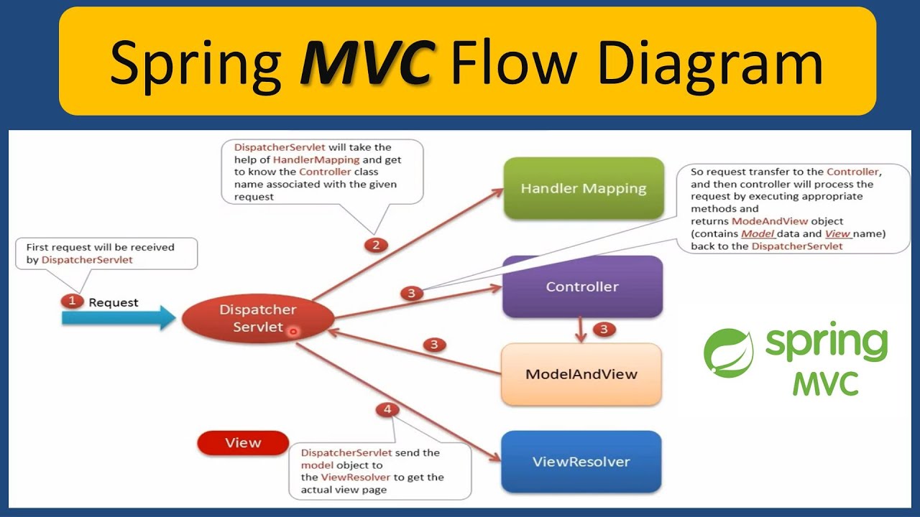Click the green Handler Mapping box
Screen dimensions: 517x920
pyautogui.click(x=583, y=189)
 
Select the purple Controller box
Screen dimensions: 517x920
pyautogui.click(x=582, y=287)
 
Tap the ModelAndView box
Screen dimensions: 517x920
pyautogui.click(x=581, y=374)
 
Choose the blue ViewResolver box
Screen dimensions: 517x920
pyautogui.click(x=581, y=462)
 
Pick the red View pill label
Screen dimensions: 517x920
pyautogui.click(x=243, y=443)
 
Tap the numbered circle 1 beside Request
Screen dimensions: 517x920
pyautogui.click(x=71, y=302)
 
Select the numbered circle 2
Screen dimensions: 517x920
pyautogui.click(x=374, y=246)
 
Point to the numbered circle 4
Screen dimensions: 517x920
pyautogui.click(x=387, y=410)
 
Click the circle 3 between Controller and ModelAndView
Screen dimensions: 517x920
pyautogui.click(x=604, y=330)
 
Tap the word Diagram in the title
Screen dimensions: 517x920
pyautogui.click(x=710, y=62)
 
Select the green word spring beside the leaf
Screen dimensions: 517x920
pyautogui.click(x=827, y=345)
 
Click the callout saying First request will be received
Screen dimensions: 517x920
pyautogui.click(x=106, y=253)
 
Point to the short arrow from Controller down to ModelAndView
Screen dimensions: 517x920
pyautogui.click(x=579, y=330)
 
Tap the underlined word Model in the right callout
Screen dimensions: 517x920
pyautogui.click(x=756, y=233)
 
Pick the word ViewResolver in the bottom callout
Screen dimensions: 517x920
pyautogui.click(x=356, y=477)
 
